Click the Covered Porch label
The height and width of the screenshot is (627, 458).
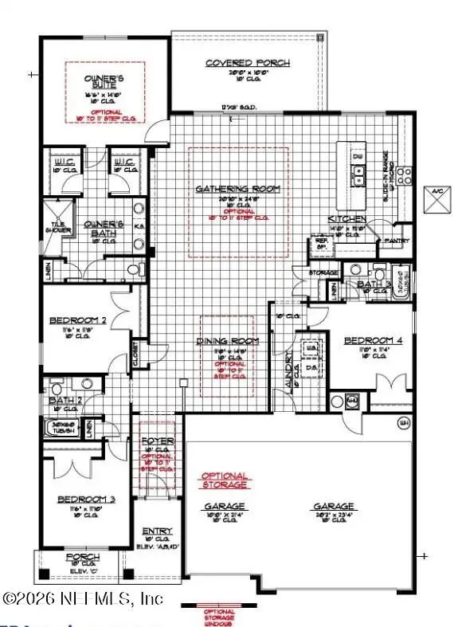[248, 64]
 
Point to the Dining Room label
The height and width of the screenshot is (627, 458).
[228, 341]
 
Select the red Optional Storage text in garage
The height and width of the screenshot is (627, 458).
[225, 480]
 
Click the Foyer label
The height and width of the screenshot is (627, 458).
[152, 441]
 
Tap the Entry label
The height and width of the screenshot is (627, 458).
[152, 531]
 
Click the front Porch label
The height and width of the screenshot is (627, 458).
[82, 558]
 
